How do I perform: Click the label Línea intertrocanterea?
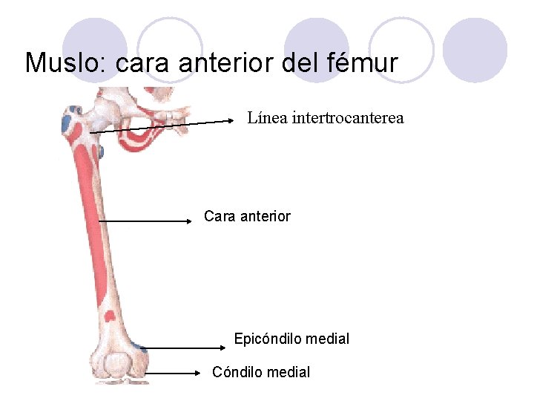325,118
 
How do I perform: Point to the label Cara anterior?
247,217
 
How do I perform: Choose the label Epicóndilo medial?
291,339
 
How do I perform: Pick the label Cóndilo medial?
261,372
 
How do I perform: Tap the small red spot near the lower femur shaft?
109,316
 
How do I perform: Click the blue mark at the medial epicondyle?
139,346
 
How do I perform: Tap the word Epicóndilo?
264,339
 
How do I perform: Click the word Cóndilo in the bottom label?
236,372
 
